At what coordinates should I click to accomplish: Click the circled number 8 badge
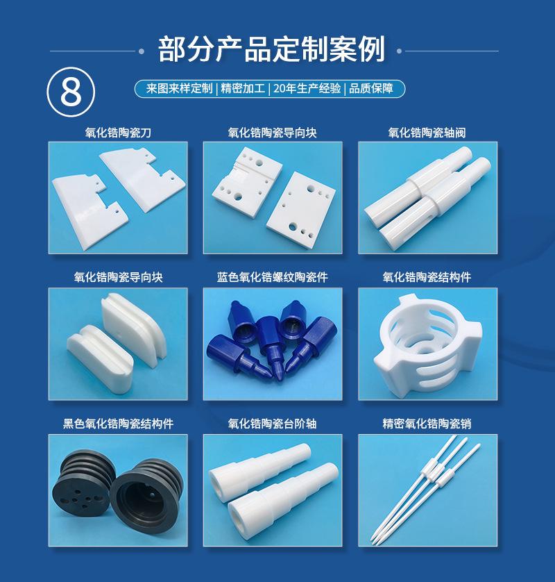(69, 92)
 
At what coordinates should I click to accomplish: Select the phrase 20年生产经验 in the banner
(307, 89)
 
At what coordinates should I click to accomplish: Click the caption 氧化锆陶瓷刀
(118, 132)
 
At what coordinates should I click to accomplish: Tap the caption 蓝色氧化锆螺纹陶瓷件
(272, 277)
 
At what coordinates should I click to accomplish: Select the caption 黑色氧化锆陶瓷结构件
(118, 423)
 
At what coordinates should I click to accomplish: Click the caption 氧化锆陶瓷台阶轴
(272, 423)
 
